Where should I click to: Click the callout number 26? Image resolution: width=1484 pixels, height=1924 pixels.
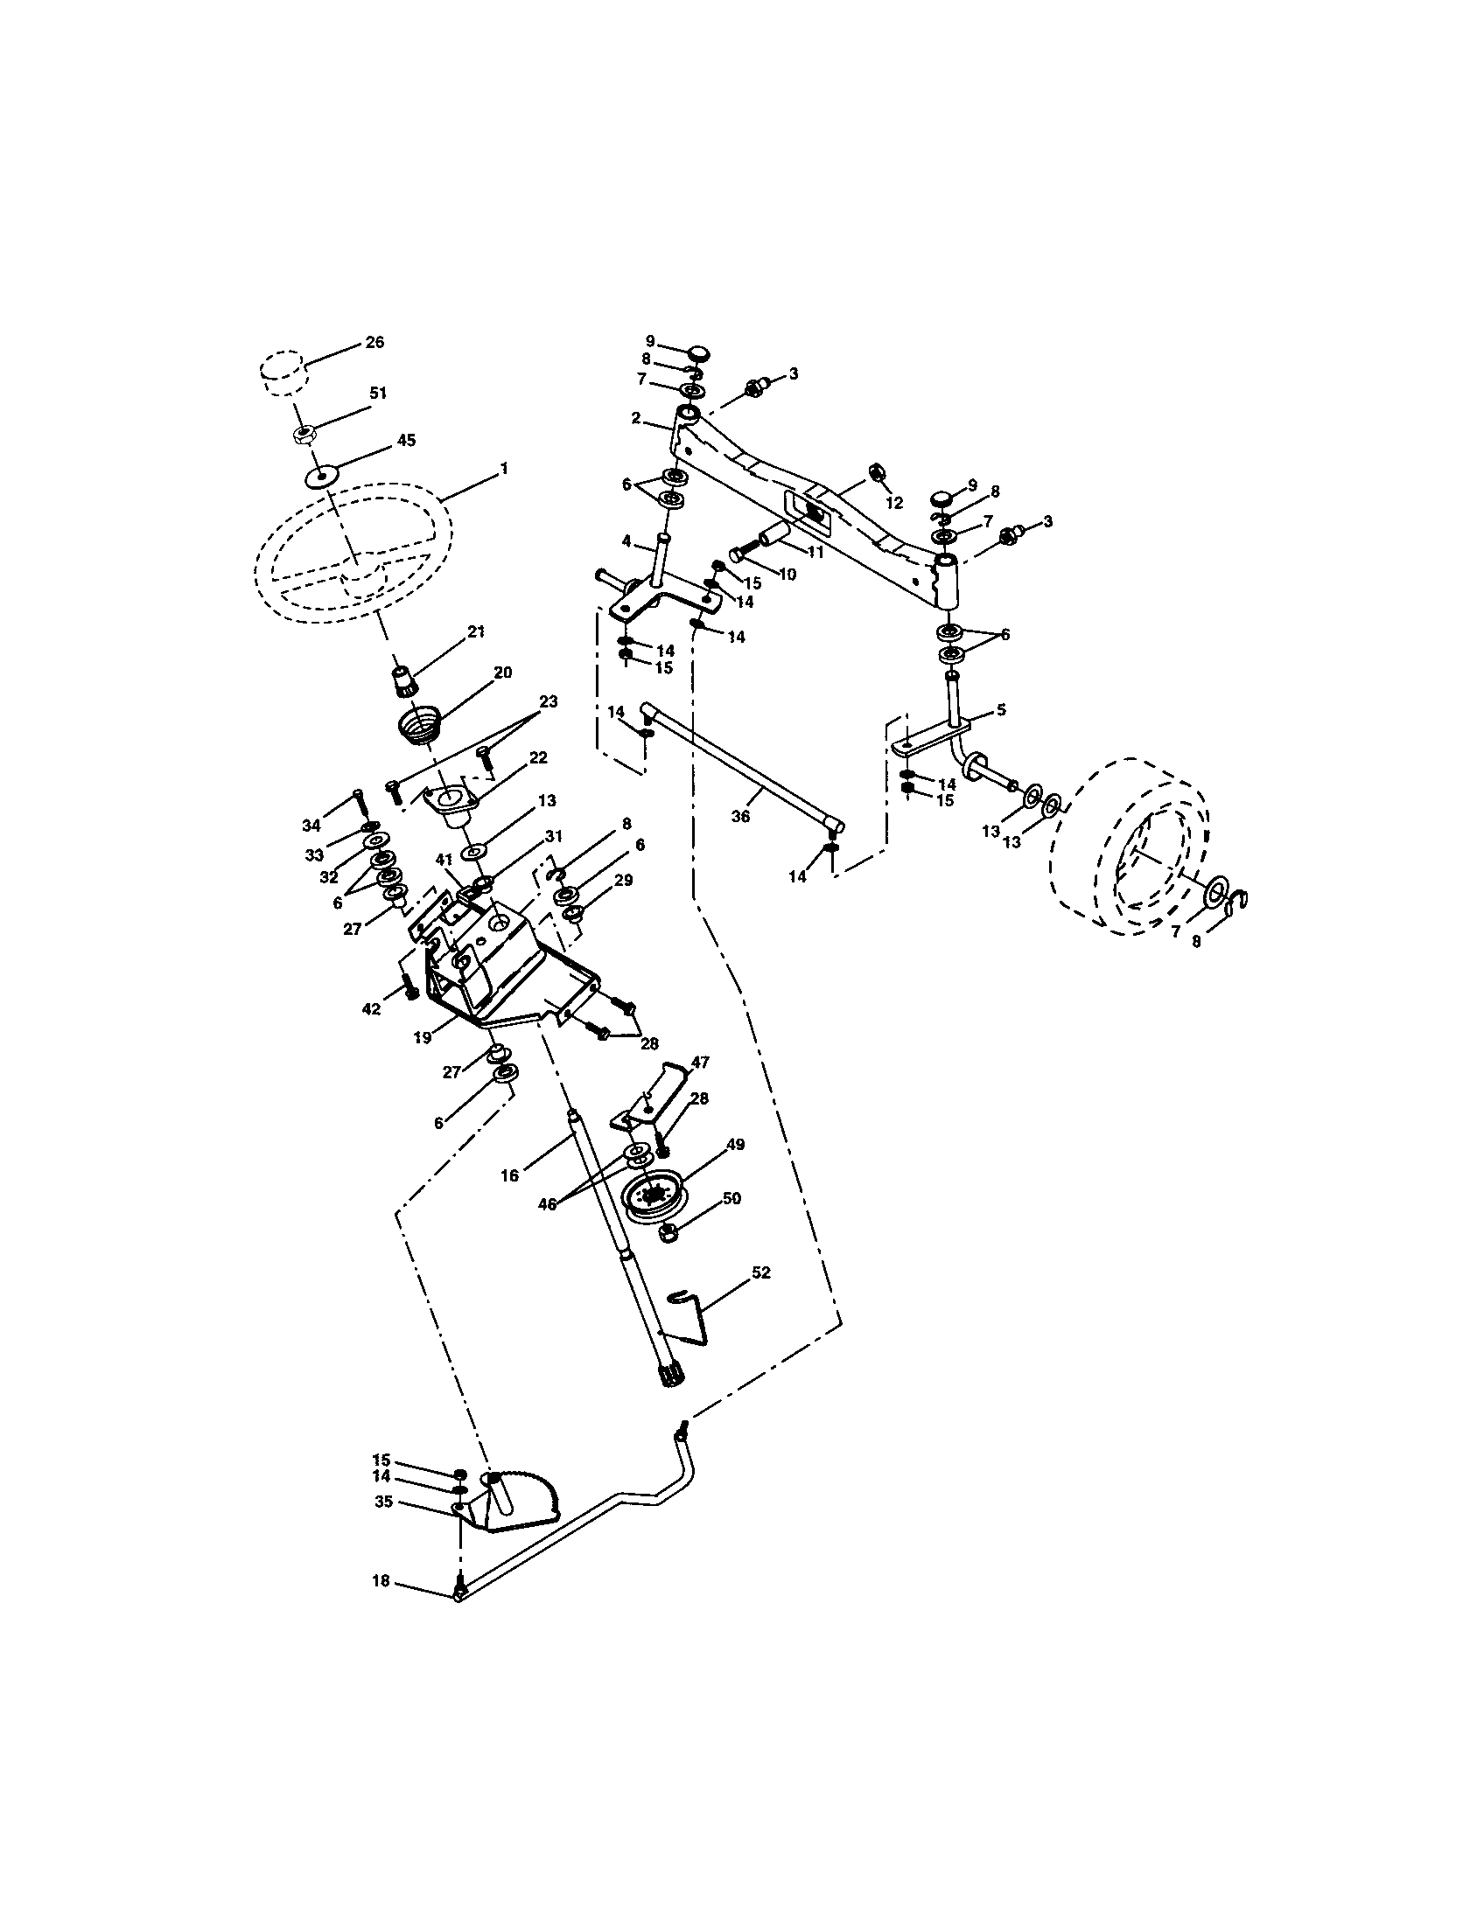374,343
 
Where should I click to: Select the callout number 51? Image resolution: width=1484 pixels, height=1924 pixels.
378,394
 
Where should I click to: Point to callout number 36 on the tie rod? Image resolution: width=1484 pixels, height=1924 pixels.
740,817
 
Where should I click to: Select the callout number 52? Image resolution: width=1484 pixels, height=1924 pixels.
760,1273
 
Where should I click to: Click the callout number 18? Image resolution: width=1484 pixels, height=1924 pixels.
381,1581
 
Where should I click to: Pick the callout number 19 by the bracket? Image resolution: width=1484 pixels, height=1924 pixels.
422,1038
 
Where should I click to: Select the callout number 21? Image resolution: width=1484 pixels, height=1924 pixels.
476,631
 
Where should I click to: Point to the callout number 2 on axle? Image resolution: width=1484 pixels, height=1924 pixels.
636,417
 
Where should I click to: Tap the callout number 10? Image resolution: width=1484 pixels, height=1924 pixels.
787,574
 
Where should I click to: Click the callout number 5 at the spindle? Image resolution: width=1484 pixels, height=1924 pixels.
1000,709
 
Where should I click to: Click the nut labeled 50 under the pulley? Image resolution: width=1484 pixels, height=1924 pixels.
667,1232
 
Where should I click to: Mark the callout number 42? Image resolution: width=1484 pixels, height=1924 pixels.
372,1008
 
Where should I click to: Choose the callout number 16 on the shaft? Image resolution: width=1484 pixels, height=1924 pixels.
509,1175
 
